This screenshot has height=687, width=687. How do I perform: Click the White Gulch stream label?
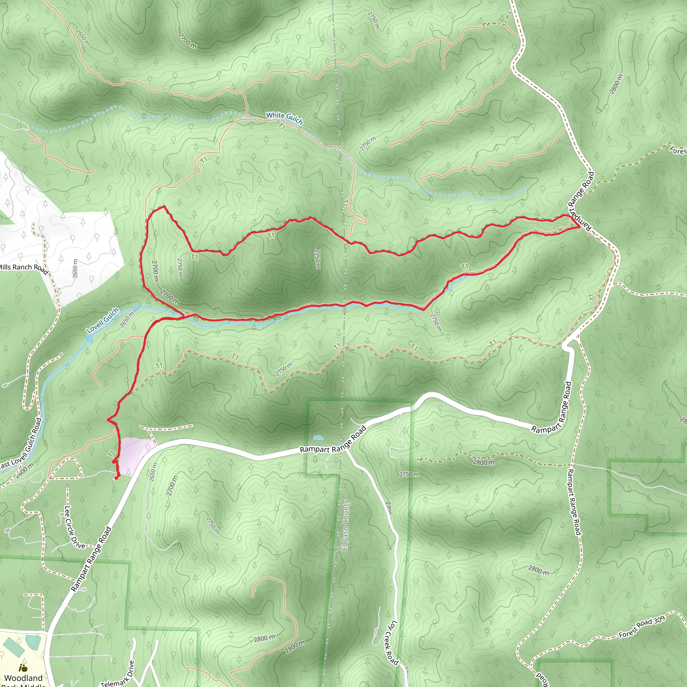tap(284, 118)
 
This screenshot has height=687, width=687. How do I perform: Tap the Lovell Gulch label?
tap(103, 320)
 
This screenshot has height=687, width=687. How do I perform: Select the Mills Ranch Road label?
tap(23, 268)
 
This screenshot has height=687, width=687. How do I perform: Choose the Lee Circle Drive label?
tap(74, 527)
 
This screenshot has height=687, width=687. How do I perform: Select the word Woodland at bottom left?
tap(23, 678)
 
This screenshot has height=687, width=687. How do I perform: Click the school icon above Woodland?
tap(23, 668)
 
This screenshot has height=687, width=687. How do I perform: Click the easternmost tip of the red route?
tap(580, 227)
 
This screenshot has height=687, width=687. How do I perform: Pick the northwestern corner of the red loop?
tap(163, 206)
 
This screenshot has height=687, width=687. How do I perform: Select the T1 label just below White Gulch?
tap(282, 126)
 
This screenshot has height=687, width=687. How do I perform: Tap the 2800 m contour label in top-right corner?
tap(616, 84)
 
